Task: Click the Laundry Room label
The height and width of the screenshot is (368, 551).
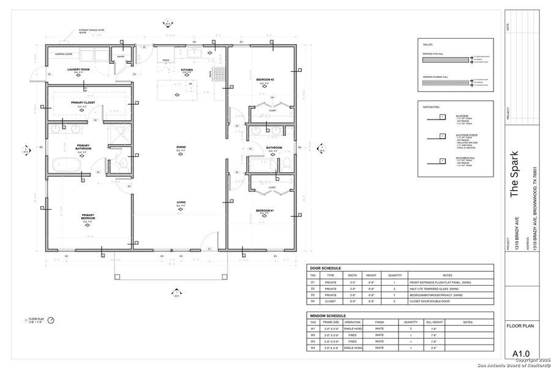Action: point(78,70)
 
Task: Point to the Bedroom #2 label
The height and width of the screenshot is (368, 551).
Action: point(264,80)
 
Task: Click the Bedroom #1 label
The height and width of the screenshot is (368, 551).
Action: point(264,211)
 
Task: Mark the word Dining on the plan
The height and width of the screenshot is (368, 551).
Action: point(181,147)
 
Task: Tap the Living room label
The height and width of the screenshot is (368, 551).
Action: point(181,202)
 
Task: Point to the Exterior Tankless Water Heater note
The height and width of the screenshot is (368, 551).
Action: point(89,31)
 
